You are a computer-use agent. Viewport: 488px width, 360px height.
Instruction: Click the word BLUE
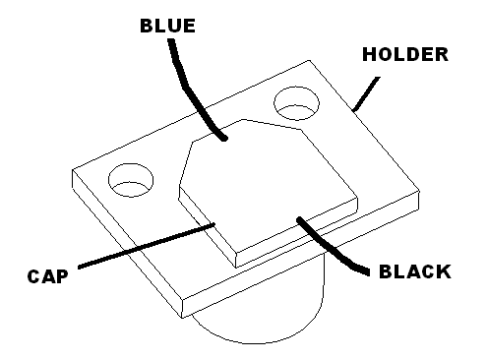[x=167, y=26]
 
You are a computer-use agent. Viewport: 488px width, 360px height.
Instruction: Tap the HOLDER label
[x=405, y=54]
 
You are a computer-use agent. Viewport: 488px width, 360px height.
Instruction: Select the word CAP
[x=48, y=276]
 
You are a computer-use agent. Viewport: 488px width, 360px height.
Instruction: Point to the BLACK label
[x=415, y=271]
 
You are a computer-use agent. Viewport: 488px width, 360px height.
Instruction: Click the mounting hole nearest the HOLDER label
[x=296, y=103]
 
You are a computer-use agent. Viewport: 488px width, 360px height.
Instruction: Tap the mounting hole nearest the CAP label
[x=131, y=180]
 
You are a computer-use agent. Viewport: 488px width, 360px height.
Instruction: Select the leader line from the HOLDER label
[x=366, y=93]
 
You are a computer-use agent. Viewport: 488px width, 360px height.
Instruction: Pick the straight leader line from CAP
[x=147, y=246]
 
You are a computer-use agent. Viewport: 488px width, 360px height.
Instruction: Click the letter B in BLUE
[x=147, y=26]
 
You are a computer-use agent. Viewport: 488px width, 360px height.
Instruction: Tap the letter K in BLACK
[x=444, y=271]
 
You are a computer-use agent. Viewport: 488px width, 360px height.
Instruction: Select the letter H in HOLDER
[x=369, y=54]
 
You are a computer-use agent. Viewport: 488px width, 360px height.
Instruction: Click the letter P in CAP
[x=62, y=276]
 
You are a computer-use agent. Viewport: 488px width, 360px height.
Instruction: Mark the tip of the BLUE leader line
[x=224, y=139]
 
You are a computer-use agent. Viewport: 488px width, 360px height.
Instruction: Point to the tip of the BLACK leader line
[x=299, y=218]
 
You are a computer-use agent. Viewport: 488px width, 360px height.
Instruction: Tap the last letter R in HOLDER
[x=442, y=54]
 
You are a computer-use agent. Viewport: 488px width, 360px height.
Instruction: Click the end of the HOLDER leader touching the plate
[x=354, y=110]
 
